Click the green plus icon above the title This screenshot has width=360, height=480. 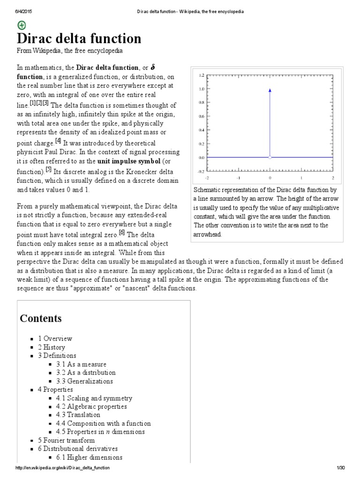coord(22,25)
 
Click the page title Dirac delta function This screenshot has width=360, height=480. coord(79,38)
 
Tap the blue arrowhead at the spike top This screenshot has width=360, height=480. coord(270,90)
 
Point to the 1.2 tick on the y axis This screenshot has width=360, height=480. coord(202,75)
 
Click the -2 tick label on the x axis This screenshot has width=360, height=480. coord(207,178)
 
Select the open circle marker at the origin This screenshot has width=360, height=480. coord(270,157)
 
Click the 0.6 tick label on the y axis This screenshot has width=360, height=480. coord(202,116)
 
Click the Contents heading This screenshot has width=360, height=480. coord(40,318)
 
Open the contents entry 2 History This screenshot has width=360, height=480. coord(52,347)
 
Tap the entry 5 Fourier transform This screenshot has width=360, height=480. coord(66,440)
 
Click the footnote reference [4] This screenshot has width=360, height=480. coord(58,141)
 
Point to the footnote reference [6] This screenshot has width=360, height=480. coord(121,232)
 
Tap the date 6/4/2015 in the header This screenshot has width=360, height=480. coord(17,11)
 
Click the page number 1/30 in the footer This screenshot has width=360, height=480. coord(340,469)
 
